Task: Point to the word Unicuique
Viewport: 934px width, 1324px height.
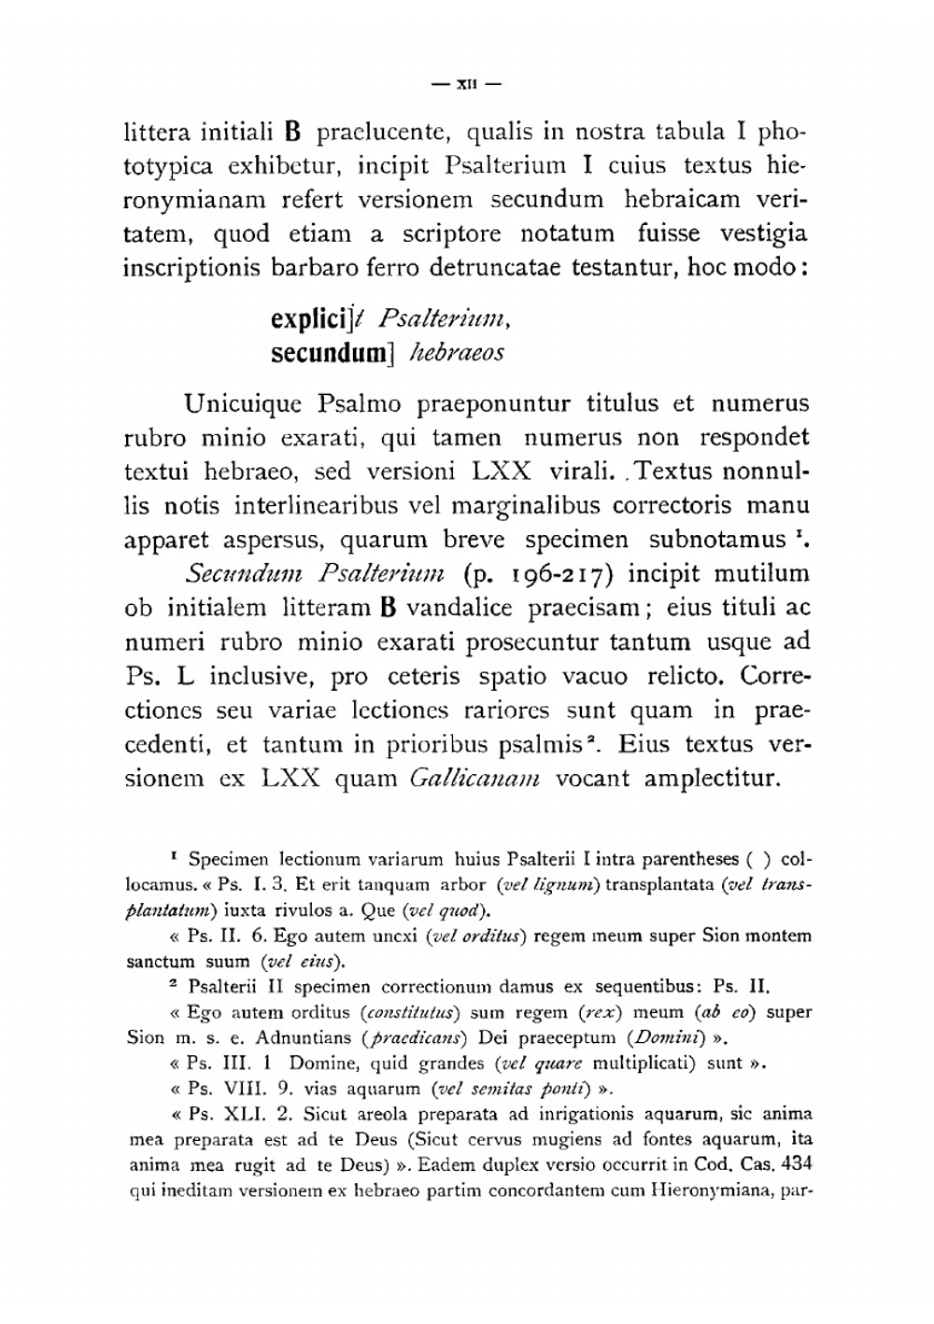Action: pos(243,404)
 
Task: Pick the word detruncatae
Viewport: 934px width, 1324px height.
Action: pos(495,268)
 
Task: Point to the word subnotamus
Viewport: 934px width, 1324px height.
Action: pos(717,541)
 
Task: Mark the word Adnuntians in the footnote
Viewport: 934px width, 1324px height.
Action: pos(310,1037)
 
